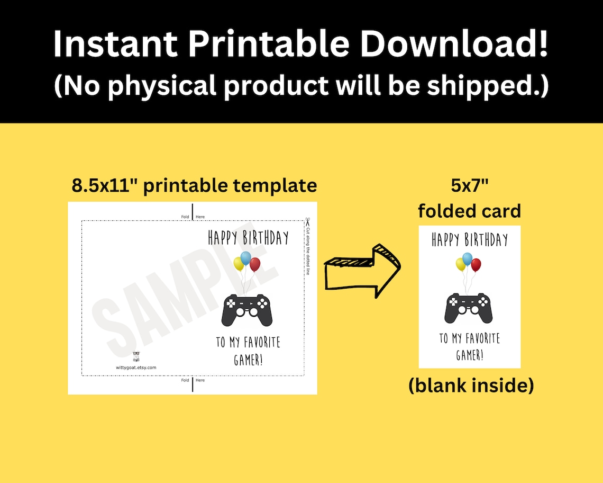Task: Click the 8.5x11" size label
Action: pos(106,185)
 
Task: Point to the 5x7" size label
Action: pos(469,186)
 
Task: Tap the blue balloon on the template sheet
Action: pos(245,258)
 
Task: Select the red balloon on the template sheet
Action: pos(255,264)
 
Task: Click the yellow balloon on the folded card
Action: pos(461,264)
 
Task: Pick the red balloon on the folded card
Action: pos(476,264)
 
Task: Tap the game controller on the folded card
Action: pos(469,308)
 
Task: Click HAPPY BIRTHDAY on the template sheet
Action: pos(248,238)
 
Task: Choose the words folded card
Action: pos(469,211)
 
